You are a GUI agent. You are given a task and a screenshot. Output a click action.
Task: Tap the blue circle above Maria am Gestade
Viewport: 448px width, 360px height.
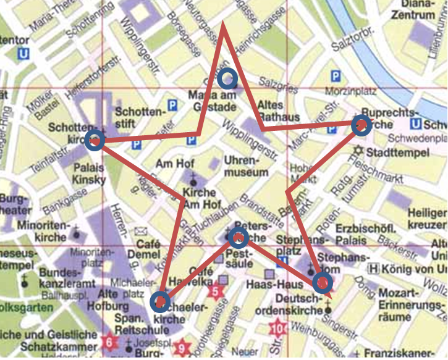[228, 78]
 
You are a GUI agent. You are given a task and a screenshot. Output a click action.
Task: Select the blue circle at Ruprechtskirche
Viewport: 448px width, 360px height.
[361, 125]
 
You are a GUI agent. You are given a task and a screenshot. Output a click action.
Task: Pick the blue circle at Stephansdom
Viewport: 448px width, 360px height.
[322, 283]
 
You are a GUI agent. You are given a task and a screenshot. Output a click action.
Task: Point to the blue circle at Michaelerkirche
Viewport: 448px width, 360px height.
[160, 301]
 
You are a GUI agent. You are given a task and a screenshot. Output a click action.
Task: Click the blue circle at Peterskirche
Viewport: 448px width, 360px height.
[239, 236]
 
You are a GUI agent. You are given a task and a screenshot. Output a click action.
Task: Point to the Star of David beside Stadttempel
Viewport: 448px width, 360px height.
[357, 151]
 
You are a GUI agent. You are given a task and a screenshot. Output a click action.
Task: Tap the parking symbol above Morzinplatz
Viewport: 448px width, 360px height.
[336, 76]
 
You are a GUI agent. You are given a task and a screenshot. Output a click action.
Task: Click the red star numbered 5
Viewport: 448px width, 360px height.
[215, 290]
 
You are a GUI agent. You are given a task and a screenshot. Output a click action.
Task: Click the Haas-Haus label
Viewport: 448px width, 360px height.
[268, 285]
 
